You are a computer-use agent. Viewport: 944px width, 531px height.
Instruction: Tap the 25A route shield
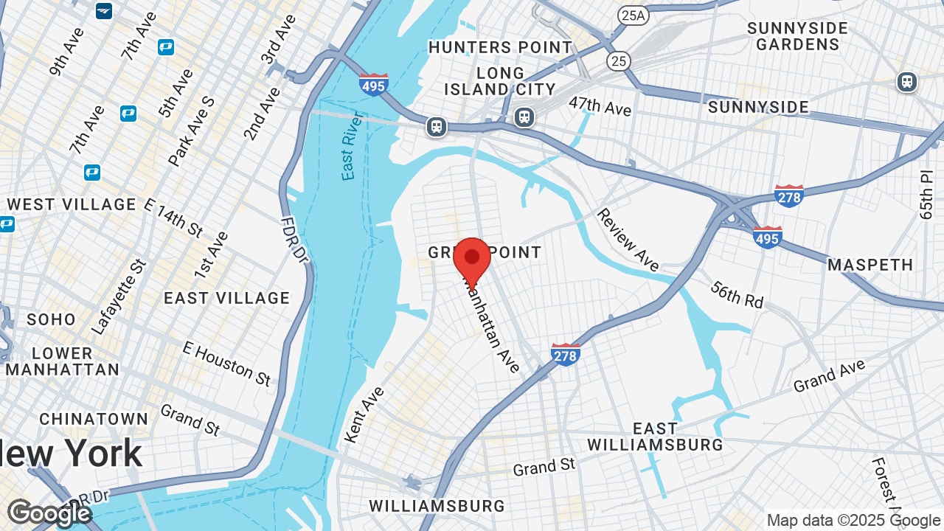pyautogui.click(x=633, y=15)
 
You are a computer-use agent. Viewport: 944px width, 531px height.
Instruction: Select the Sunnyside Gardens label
pyautogui.click(x=797, y=36)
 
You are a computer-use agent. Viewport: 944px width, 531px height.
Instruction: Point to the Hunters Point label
pyautogui.click(x=500, y=47)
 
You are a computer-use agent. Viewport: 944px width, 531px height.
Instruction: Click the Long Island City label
pyautogui.click(x=500, y=81)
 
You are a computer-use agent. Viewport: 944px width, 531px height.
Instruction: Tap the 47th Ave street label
pyautogui.click(x=600, y=105)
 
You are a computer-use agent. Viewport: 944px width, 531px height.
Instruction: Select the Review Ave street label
pyautogui.click(x=628, y=239)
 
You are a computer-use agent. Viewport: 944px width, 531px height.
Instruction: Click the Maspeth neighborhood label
pyautogui.click(x=870, y=265)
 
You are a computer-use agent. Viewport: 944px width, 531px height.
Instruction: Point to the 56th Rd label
pyautogui.click(x=737, y=294)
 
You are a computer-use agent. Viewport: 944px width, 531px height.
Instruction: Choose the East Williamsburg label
pyautogui.click(x=655, y=437)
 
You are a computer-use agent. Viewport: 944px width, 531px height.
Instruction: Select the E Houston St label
pyautogui.click(x=226, y=363)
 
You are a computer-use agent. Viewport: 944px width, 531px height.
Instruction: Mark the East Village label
pyautogui.click(x=226, y=298)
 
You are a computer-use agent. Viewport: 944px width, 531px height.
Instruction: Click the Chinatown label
pyautogui.click(x=94, y=419)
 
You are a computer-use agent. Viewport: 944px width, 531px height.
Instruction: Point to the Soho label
pyautogui.click(x=51, y=319)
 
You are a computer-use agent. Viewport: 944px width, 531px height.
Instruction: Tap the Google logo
pyautogui.click(x=49, y=513)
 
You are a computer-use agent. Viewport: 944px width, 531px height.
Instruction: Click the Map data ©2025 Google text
pyautogui.click(x=853, y=521)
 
